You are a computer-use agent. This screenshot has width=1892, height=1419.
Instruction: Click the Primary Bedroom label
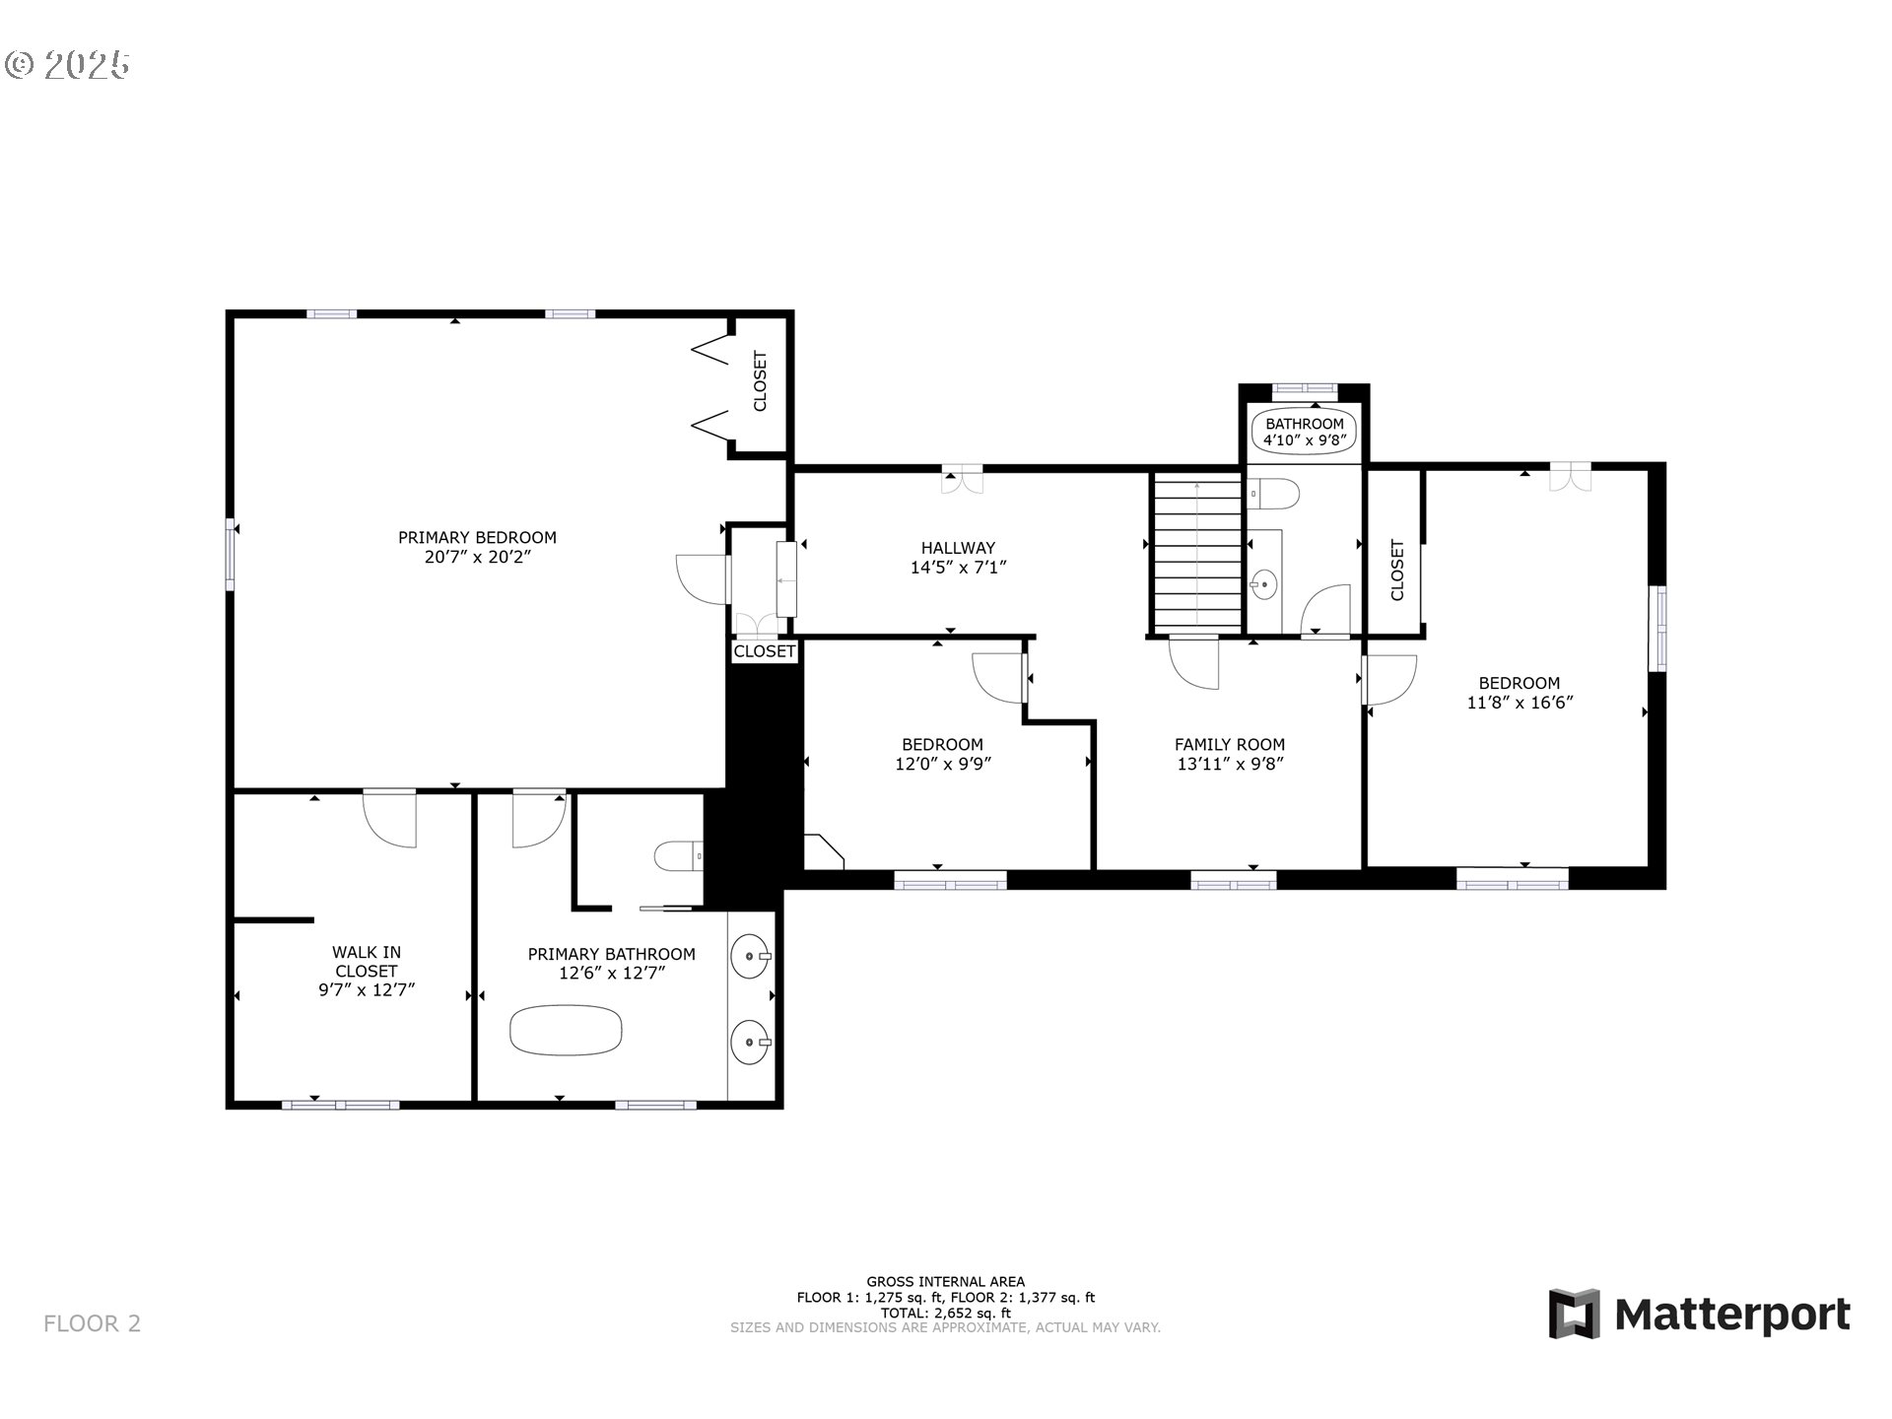(x=477, y=537)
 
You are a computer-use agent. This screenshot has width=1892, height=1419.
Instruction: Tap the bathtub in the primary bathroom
(x=566, y=1030)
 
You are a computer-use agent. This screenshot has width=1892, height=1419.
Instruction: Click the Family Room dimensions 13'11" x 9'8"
(x=1230, y=764)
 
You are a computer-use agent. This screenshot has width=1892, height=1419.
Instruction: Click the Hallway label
(x=958, y=548)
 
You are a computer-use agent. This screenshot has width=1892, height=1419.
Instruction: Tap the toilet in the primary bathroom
(x=679, y=856)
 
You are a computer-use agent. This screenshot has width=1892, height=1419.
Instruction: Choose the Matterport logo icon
(x=1574, y=1314)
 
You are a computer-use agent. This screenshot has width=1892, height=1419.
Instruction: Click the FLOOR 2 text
(x=93, y=1323)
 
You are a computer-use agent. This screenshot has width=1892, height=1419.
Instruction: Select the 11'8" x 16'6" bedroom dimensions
(x=1520, y=703)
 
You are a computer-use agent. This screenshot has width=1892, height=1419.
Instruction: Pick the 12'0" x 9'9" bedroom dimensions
(x=943, y=764)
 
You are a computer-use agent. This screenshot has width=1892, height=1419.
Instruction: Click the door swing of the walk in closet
(x=390, y=820)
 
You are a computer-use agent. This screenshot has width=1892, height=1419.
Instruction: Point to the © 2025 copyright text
(x=67, y=65)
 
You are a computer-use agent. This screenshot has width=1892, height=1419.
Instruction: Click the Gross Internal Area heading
(x=946, y=1282)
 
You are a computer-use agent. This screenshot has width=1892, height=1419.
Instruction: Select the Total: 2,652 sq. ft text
(x=946, y=1313)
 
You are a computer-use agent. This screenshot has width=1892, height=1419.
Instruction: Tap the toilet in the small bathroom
(x=1273, y=494)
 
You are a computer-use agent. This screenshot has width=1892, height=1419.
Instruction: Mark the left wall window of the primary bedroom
(x=231, y=555)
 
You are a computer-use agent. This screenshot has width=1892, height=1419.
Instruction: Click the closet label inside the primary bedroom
(x=760, y=381)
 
